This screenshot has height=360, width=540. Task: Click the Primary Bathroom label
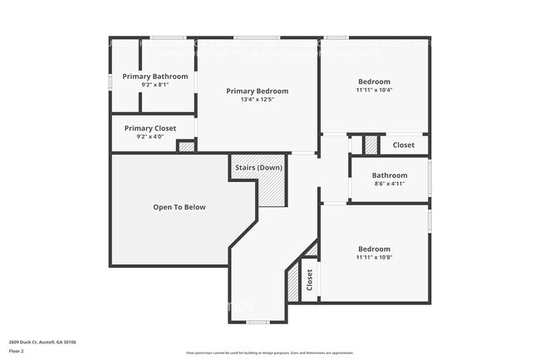pyautogui.click(x=155, y=76)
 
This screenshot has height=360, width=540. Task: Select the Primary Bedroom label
pyautogui.click(x=258, y=91)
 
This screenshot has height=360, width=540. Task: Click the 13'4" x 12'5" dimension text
pyautogui.click(x=258, y=100)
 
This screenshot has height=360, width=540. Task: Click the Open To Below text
pyautogui.click(x=179, y=207)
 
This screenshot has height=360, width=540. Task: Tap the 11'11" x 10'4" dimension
pyautogui.click(x=374, y=90)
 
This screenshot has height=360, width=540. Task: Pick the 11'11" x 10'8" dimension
pyautogui.click(x=374, y=258)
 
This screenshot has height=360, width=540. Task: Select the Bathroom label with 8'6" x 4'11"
pyautogui.click(x=390, y=175)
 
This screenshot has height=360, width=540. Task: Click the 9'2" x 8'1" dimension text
pyautogui.click(x=155, y=84)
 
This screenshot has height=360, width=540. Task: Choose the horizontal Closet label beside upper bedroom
pyautogui.click(x=404, y=145)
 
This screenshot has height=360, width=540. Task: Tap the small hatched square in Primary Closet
pyautogui.click(x=187, y=147)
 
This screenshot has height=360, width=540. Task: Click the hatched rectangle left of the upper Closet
pyautogui.click(x=371, y=145)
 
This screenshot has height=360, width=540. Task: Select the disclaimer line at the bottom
pyautogui.click(x=269, y=353)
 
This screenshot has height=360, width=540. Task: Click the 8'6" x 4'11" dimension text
pyautogui.click(x=390, y=184)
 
